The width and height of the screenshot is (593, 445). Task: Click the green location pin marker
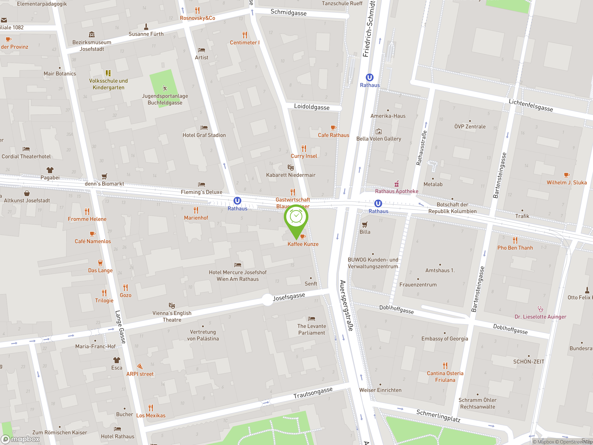[296, 218]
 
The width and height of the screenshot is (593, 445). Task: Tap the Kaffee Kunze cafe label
[303, 244]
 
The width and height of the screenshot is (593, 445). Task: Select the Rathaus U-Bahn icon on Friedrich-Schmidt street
[369, 77]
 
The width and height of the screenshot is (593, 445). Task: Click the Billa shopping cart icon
[365, 225]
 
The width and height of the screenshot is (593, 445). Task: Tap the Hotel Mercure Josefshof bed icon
[237, 265]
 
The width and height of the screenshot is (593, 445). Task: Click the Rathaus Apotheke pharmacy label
[397, 191]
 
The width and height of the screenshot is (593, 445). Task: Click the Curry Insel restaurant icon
[304, 148]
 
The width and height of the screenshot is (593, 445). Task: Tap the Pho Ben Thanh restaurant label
[515, 248]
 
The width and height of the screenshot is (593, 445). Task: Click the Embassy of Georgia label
[445, 339]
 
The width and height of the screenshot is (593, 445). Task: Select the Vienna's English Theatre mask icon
[172, 305]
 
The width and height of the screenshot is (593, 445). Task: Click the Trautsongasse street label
[313, 393]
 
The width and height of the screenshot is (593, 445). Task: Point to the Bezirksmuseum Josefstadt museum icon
[92, 35]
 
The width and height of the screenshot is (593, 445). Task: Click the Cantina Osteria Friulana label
[445, 377]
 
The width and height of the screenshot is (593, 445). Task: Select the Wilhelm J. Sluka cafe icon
[566, 175]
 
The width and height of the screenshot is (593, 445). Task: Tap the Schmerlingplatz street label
[438, 416]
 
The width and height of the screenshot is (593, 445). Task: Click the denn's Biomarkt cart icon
[104, 176]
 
